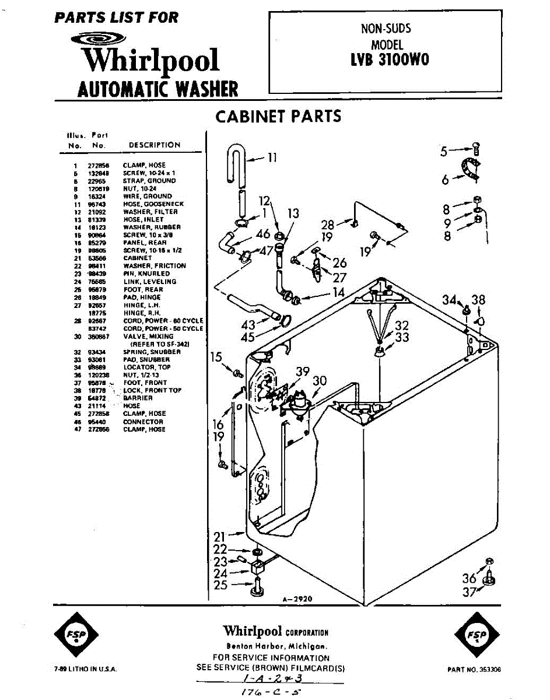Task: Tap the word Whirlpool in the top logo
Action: (150, 60)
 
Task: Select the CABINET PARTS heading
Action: (278, 116)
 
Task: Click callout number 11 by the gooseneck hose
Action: (272, 157)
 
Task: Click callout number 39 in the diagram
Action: (303, 372)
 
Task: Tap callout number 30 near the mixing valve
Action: (319, 380)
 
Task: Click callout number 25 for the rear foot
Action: (220, 584)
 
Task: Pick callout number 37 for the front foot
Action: (470, 593)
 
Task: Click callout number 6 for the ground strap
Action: (446, 180)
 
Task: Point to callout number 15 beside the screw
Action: (216, 357)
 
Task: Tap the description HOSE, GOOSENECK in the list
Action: (153, 204)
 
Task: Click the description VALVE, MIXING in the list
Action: (148, 337)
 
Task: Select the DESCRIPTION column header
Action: (154, 145)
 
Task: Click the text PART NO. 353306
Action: (474, 670)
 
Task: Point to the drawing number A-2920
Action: (297, 599)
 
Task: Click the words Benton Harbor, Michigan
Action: (276, 646)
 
